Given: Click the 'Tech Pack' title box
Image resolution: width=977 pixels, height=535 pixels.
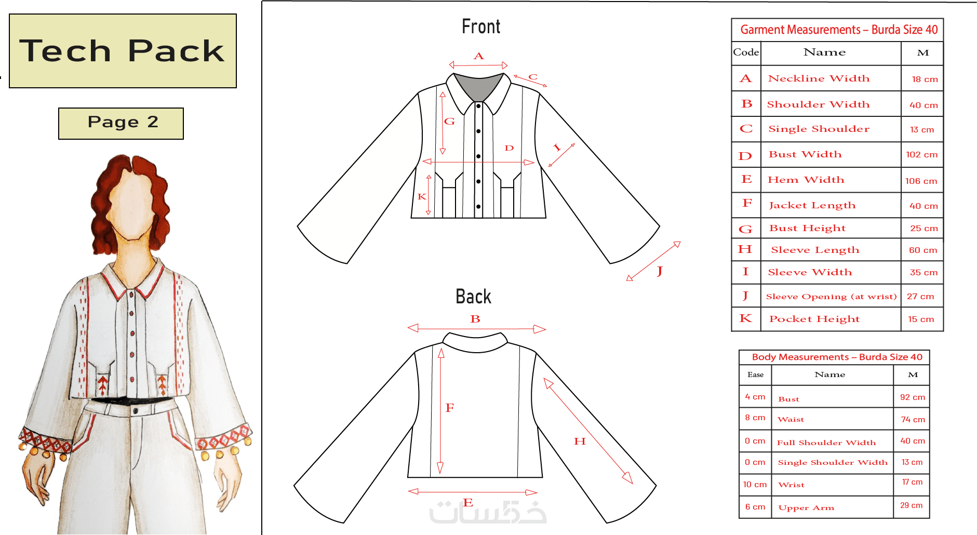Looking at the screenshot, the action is [123, 51].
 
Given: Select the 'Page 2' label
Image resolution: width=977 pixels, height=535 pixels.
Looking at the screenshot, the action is [121, 124].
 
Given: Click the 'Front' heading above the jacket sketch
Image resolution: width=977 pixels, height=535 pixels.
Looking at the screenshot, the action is [481, 26].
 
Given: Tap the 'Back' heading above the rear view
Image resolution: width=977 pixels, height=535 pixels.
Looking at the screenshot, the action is [473, 297].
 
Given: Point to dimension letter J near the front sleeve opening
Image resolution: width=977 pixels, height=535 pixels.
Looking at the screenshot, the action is [660, 271].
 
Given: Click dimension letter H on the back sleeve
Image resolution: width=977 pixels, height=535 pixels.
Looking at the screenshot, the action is [580, 441].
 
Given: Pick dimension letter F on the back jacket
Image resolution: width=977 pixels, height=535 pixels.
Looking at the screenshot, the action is [450, 408].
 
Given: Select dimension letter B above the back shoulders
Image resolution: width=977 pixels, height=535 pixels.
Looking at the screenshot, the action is [475, 319].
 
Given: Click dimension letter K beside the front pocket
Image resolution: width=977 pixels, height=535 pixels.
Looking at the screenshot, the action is [422, 196].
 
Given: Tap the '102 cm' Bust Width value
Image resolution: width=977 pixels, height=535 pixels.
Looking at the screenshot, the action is [922, 155].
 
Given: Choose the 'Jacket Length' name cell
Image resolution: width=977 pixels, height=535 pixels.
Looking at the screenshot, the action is [812, 205].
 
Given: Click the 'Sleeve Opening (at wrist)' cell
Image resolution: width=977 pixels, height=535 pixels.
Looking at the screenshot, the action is [831, 297].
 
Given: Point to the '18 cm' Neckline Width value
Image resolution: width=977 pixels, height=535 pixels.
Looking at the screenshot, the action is [925, 79].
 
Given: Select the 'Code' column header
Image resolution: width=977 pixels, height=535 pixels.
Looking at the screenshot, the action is [746, 52].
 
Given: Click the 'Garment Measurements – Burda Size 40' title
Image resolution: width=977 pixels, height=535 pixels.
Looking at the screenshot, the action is [839, 30].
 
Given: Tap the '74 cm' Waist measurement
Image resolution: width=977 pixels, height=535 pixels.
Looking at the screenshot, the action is [913, 420].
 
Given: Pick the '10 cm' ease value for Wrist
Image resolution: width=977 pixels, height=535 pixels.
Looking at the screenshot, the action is [755, 485].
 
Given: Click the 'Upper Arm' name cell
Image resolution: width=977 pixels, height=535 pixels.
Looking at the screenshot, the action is [806, 508].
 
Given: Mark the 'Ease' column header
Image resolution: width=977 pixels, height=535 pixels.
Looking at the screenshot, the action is [755, 374].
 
